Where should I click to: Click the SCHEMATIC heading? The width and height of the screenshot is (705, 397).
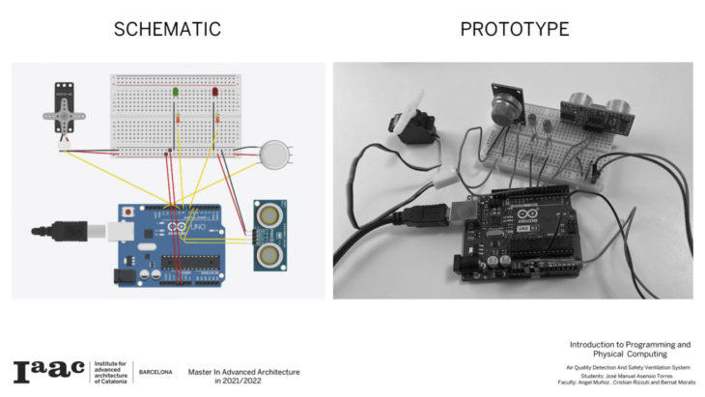click(167, 29)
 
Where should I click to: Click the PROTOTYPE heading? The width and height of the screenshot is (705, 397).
click(514, 29)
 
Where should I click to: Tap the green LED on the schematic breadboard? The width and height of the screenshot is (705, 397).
click(176, 93)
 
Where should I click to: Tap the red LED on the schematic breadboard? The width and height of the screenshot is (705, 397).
click(215, 93)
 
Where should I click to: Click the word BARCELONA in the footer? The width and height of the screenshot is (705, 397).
click(155, 372)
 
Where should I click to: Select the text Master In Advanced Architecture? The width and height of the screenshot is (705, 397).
click(243, 372)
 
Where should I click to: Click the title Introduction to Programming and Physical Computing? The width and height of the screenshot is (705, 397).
click(630, 349)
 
